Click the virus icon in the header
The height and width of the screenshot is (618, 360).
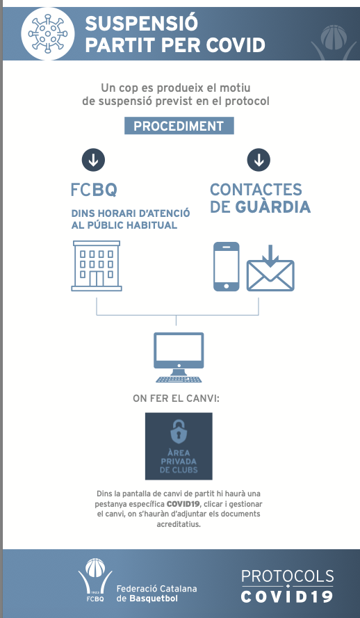pyautogui.click(x=48, y=34)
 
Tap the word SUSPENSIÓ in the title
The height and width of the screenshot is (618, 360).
pyautogui.click(x=141, y=24)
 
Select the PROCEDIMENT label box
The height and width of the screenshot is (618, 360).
pyautogui.click(x=179, y=126)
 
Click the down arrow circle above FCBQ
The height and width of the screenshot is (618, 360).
pyautogui.click(x=93, y=160)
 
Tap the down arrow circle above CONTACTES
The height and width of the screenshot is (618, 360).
pyautogui.click(x=259, y=160)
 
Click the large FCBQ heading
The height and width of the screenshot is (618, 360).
pyautogui.click(x=94, y=190)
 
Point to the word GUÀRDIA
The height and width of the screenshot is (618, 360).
pyautogui.click(x=273, y=207)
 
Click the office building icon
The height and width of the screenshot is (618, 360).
pyautogui.click(x=97, y=266)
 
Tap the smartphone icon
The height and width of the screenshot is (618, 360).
pyautogui.click(x=226, y=267)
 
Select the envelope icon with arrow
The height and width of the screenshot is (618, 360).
pyautogui.click(x=270, y=268)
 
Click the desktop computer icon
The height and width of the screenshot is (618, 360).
pyautogui.click(x=179, y=357)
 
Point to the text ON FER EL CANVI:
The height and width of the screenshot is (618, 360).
pyautogui.click(x=176, y=398)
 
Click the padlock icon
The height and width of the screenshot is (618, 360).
pyautogui.click(x=179, y=430)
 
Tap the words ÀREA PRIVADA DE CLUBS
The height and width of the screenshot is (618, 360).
pyautogui.click(x=179, y=461)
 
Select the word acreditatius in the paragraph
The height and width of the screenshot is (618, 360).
pyautogui.click(x=179, y=525)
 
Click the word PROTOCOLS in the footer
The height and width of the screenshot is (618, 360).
pyautogui.click(x=288, y=576)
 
